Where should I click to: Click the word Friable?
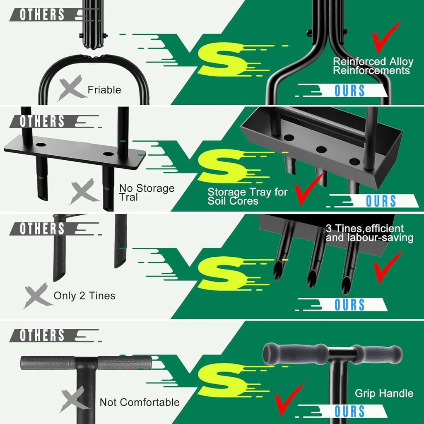(x=104, y=90)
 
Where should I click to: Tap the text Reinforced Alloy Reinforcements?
(x=373, y=66)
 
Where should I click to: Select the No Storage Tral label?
(x=147, y=193)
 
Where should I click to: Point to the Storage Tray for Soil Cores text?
(x=247, y=196)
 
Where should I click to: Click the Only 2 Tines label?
(x=84, y=296)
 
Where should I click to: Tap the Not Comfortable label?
(x=140, y=402)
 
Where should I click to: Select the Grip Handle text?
(x=384, y=393)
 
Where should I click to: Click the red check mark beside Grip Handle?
(x=289, y=400)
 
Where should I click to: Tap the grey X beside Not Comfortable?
(x=74, y=400)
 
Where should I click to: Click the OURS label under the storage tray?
(x=381, y=201)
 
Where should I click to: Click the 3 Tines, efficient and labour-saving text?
(x=369, y=233)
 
